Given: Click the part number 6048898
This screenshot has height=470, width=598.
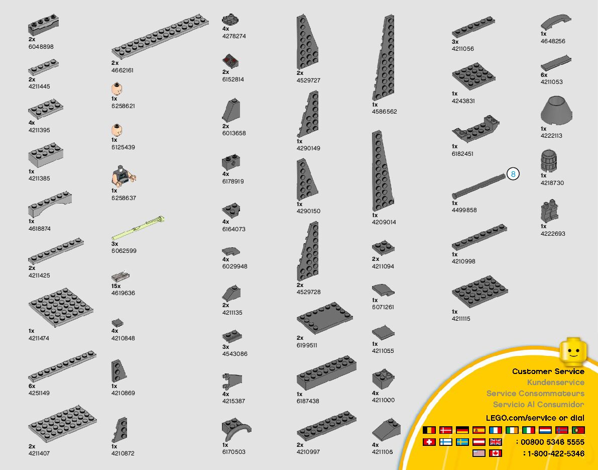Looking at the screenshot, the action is (41, 47).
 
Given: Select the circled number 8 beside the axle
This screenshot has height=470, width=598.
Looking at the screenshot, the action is (513, 174).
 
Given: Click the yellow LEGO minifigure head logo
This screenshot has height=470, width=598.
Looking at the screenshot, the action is (573, 351).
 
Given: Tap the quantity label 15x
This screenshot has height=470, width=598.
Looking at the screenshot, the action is (116, 286).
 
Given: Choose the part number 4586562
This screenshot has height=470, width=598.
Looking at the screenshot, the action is (384, 112).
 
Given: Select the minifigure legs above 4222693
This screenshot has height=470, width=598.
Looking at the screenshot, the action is (548, 212).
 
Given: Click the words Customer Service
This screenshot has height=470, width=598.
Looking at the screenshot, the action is (548, 371).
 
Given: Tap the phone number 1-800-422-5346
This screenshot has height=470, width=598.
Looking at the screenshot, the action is (554, 453).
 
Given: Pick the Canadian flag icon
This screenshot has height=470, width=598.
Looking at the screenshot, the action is (496, 453).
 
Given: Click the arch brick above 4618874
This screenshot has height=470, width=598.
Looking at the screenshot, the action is (50, 204).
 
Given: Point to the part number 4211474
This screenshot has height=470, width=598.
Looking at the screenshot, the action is (39, 338).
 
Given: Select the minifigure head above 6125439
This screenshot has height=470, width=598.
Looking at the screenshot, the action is (117, 131).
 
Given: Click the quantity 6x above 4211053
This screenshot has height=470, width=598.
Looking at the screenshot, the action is (544, 75).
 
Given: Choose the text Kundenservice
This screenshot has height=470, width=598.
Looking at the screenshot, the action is (555, 383).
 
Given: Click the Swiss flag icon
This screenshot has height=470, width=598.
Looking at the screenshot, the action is (429, 442).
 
